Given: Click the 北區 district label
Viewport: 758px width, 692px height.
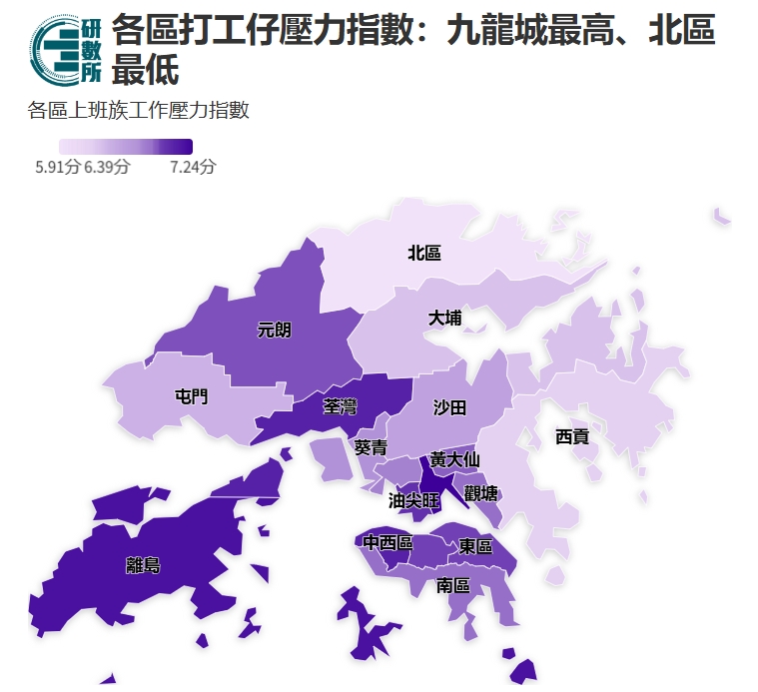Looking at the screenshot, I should [x=424, y=254].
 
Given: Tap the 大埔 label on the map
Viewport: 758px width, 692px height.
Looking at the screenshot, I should [x=445, y=319].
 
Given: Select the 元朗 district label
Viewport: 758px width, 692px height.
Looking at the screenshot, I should [x=275, y=331].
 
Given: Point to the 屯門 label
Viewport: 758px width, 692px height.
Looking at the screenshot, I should [x=192, y=396].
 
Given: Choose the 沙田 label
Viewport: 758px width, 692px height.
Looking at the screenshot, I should [x=449, y=407].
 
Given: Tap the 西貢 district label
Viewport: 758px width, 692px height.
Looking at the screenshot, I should [x=572, y=436].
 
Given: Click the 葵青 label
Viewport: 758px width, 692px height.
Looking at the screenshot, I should [x=371, y=447].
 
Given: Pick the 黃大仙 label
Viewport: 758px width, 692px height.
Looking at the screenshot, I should [x=454, y=460].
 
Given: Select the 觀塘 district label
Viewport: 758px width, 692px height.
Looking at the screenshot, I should [x=481, y=492].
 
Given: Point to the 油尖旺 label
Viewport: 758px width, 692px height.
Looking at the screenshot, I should [x=413, y=501].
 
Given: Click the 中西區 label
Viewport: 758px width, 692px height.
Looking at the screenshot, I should [x=387, y=543].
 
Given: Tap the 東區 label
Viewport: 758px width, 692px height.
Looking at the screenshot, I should [x=475, y=547].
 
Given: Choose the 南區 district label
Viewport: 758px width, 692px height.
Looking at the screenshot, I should [x=453, y=585].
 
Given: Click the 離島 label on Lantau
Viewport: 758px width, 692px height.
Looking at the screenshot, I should [x=143, y=565].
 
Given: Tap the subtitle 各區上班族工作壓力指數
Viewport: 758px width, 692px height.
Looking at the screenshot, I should [x=138, y=110].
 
